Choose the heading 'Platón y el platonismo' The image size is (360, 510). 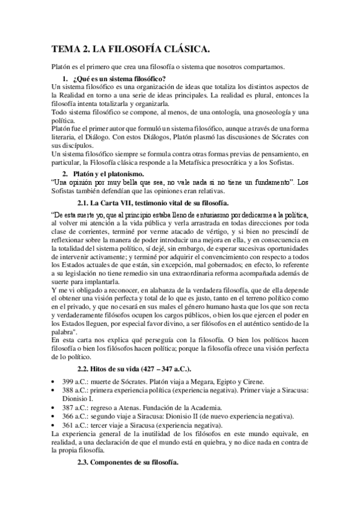(109, 174)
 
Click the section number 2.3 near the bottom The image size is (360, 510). (85, 461)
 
